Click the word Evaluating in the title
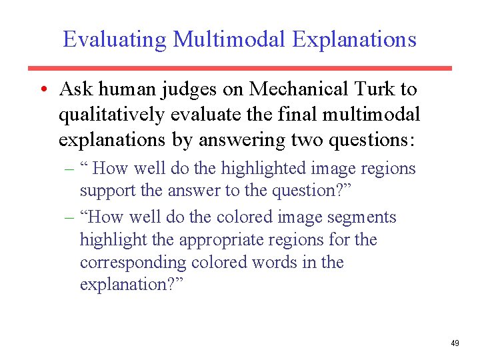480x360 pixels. [115, 39]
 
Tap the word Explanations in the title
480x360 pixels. [354, 39]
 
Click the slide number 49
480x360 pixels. [455, 343]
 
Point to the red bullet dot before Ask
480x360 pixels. [42, 89]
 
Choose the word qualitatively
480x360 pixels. [111, 115]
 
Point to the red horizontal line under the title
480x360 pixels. [240, 68]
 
